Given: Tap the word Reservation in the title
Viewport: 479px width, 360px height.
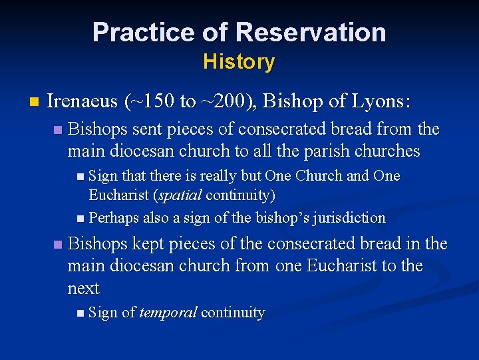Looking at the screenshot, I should pos(311,32).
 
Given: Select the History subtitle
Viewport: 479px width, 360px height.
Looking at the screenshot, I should pos(239,62).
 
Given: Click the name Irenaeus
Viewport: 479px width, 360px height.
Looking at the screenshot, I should pos(83,101).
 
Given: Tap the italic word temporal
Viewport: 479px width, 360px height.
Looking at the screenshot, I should pos(168,313).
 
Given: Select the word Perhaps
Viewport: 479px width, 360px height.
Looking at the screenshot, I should pos(113,217).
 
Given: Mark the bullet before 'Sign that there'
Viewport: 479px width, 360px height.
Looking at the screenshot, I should pos(80,177).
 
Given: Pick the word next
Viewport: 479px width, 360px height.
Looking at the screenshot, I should pos(83,289).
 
